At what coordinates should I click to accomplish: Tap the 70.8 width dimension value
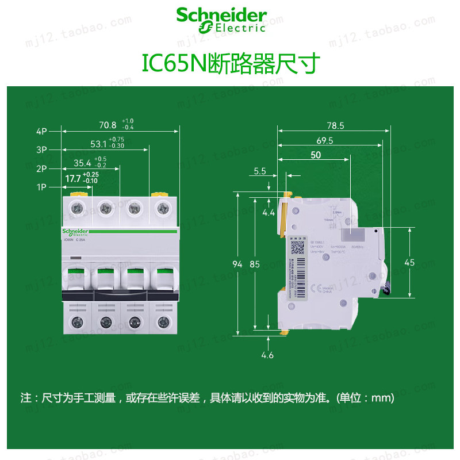108,125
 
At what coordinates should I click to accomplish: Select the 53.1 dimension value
98,144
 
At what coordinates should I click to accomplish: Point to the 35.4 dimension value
83,163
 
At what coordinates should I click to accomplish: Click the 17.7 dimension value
73,179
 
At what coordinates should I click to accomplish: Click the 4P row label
41,131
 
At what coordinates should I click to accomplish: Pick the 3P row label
41,149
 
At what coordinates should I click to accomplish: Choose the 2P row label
41,169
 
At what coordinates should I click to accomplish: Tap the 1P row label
41,187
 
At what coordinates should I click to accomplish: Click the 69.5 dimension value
324,140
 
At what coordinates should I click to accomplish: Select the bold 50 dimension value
316,155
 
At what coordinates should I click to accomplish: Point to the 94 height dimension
236,264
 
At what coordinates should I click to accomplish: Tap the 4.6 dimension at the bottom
267,355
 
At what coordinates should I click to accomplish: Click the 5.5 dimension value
260,171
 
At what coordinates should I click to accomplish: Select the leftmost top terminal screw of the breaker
76,207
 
